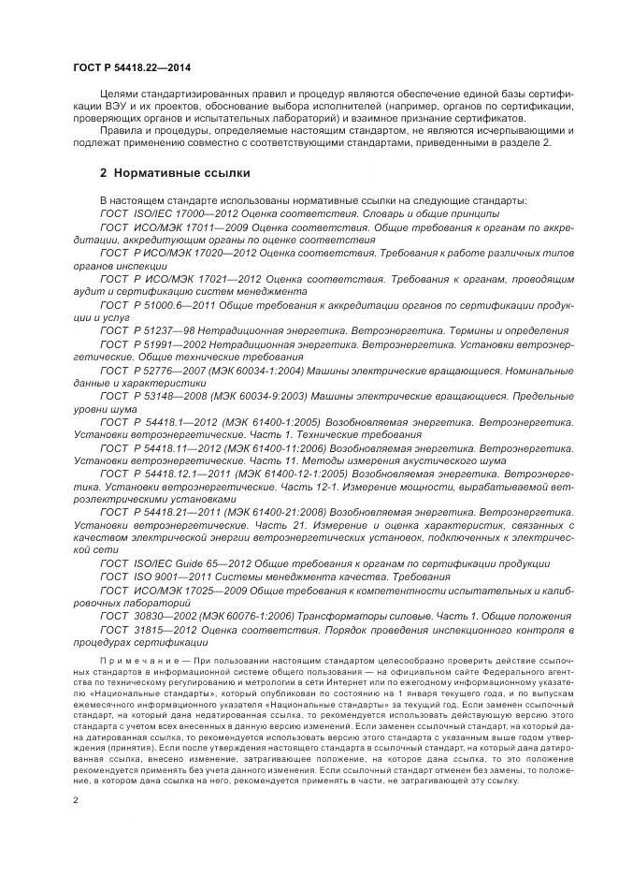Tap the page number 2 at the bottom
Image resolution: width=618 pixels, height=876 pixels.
coord(76,800)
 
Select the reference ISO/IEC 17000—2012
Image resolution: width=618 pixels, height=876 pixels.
coord(177,214)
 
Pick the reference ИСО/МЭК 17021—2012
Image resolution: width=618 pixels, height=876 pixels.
coord(196,279)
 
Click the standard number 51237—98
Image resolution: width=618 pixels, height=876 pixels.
coord(160,330)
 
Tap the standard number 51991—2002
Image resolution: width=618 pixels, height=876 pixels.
coord(166,343)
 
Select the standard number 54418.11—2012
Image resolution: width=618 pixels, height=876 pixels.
coord(173,447)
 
